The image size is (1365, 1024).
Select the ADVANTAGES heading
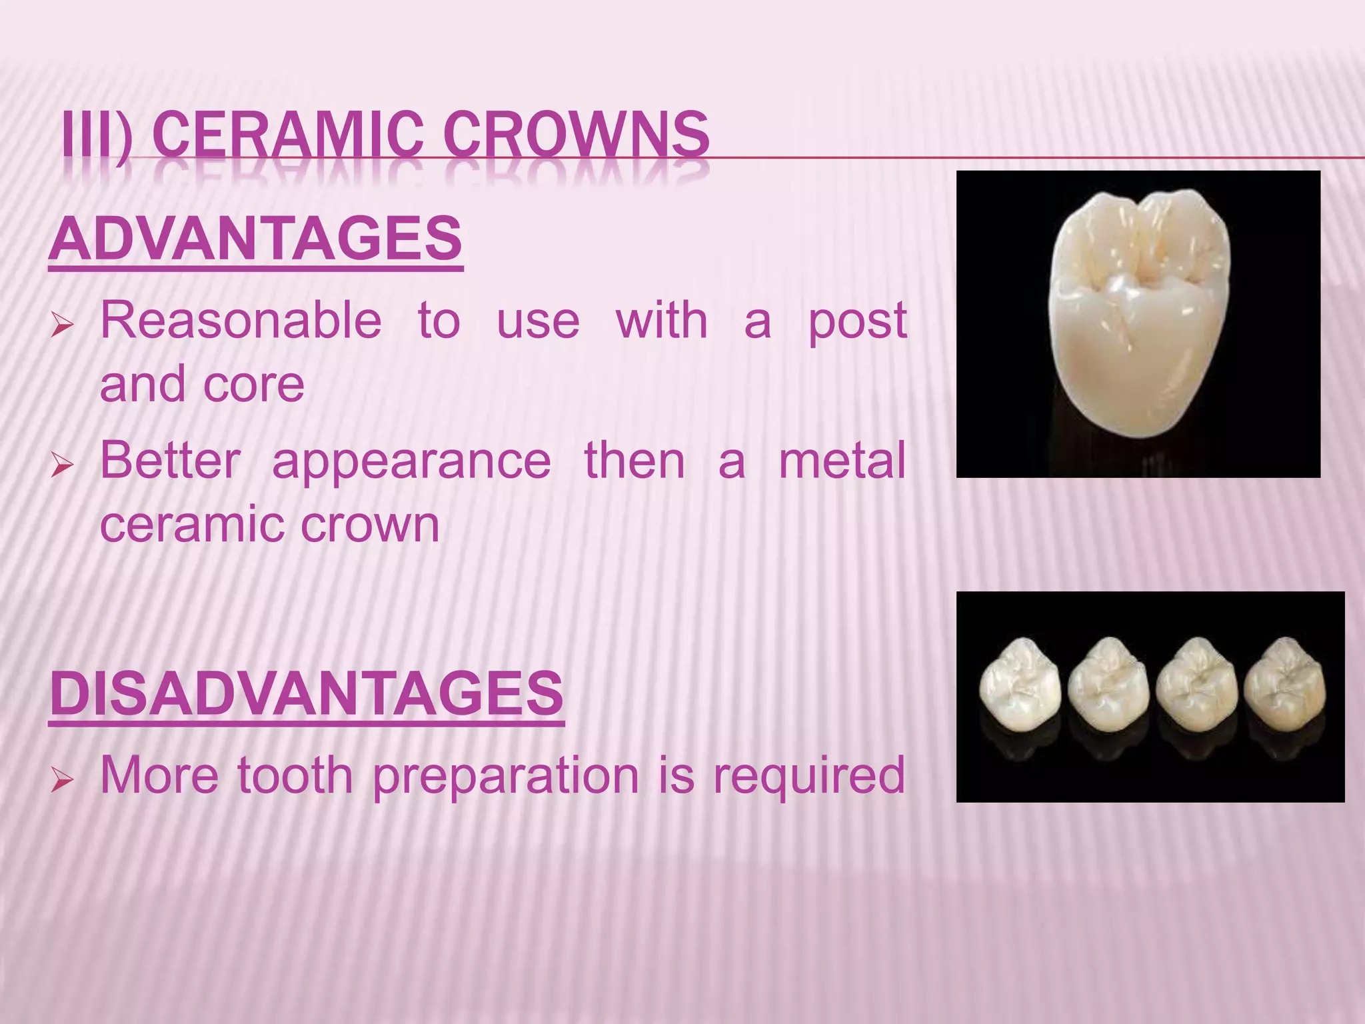pos(256,240)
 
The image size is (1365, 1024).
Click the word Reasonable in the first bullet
pos(241,321)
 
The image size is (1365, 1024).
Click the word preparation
pos(505,777)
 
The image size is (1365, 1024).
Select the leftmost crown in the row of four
pos(1019,687)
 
